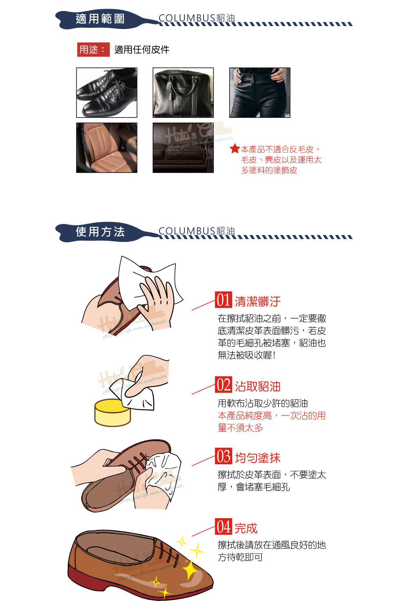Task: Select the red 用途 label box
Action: [x=93, y=50]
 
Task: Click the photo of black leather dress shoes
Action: [x=106, y=93]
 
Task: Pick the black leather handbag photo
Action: [x=183, y=93]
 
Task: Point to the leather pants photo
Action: [x=259, y=93]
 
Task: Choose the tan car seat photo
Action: [x=106, y=148]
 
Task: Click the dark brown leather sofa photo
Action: [x=183, y=148]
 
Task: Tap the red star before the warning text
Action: [x=235, y=149]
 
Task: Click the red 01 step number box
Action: [x=223, y=300]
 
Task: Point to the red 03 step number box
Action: [x=223, y=456]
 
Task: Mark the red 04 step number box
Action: [x=223, y=526]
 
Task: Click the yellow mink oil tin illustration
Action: [x=113, y=412]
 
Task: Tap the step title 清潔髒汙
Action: [x=258, y=302]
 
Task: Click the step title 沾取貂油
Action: [x=258, y=386]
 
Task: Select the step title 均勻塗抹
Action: [x=258, y=458]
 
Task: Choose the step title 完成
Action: [x=246, y=528]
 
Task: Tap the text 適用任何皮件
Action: [x=142, y=50]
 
